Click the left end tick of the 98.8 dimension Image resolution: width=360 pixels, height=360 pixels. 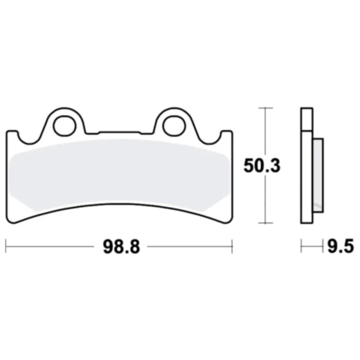pyautogui.click(x=6, y=246)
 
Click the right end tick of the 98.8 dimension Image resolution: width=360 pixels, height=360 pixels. pyautogui.click(x=231, y=246)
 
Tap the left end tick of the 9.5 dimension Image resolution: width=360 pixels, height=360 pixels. pyautogui.click(x=302, y=246)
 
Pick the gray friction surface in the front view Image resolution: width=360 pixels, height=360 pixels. pyautogui.click(x=118, y=173)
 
